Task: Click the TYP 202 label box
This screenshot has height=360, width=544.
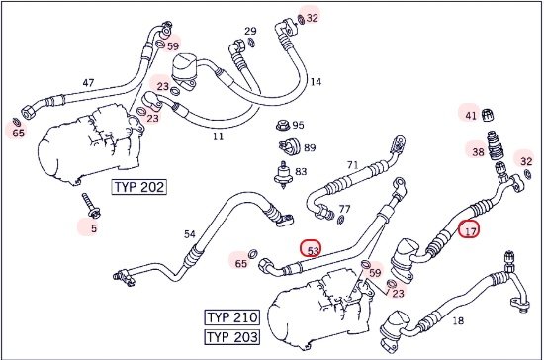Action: (138, 187)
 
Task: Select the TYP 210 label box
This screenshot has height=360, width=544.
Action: (232, 317)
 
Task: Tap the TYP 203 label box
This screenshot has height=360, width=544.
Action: (232, 337)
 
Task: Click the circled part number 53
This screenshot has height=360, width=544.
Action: (311, 248)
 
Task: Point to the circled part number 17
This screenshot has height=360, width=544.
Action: (469, 228)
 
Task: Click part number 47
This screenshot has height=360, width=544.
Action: (88, 83)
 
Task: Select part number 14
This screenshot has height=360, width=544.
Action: (316, 82)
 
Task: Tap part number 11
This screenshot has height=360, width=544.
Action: (218, 136)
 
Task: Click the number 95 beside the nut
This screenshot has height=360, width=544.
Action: (298, 125)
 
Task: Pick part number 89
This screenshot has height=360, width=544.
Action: (310, 148)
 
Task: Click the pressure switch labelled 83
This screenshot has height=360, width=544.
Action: (283, 173)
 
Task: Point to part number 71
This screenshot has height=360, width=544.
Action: (352, 165)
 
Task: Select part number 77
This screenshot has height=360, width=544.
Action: (344, 209)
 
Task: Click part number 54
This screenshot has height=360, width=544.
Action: (190, 234)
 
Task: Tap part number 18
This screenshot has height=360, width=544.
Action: (458, 320)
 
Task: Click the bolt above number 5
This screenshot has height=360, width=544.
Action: (91, 206)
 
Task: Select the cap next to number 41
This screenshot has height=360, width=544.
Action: (488, 115)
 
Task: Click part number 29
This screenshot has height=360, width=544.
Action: (250, 31)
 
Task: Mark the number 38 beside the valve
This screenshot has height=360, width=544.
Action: (478, 152)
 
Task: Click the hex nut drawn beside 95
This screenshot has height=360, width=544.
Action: (283, 125)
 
